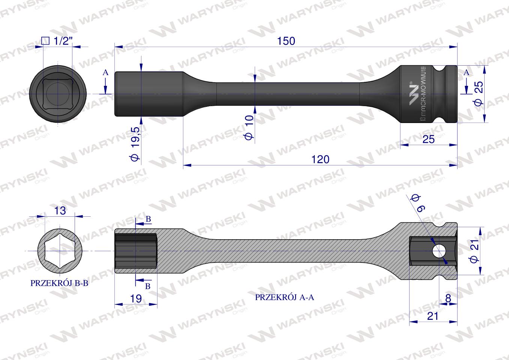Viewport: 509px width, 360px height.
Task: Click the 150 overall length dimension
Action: (x=286, y=41)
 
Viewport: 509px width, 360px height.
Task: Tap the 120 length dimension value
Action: (x=320, y=159)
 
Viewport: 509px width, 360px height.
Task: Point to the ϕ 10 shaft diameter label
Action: (x=249, y=127)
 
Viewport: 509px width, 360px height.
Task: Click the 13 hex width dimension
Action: (x=60, y=211)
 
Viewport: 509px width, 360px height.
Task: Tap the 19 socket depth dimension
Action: (x=136, y=298)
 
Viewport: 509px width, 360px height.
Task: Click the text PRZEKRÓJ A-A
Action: (x=284, y=297)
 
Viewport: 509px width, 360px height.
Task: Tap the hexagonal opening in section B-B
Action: (x=59, y=250)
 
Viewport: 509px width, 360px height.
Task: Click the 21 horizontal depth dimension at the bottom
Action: (x=432, y=316)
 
